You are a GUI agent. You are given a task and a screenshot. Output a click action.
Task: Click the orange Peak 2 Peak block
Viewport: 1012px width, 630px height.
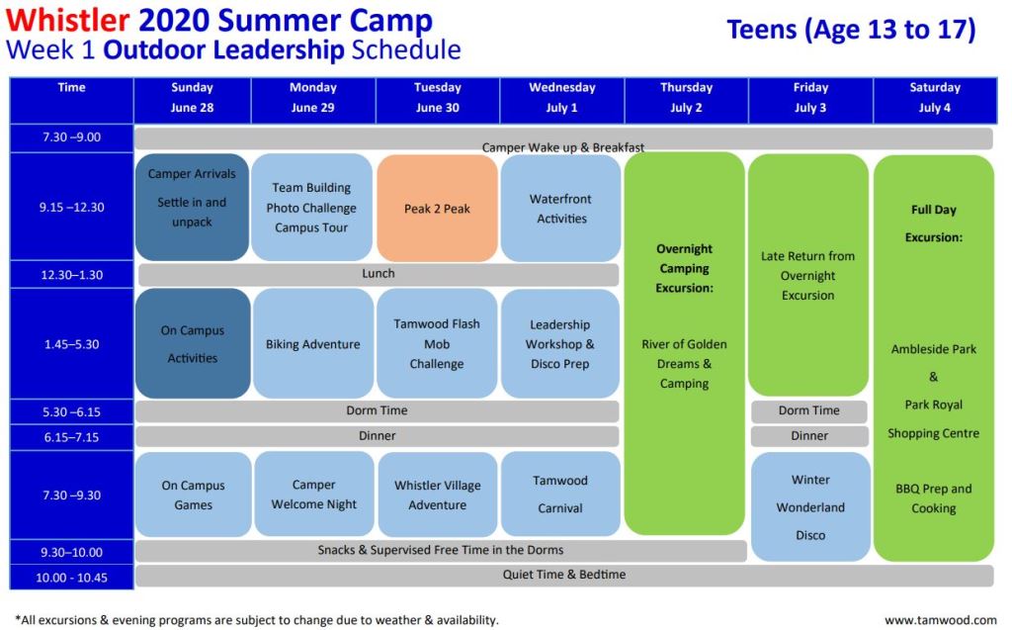[x=437, y=208]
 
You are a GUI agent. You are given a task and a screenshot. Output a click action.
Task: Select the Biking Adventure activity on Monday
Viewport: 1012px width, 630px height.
[x=313, y=343]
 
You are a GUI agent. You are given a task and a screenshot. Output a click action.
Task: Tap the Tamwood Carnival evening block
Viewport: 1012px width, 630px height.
[x=560, y=495]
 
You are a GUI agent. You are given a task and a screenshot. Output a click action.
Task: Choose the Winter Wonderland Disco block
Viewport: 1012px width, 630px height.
[x=810, y=506]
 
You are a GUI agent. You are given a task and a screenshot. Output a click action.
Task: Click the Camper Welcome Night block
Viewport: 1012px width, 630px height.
[x=313, y=495]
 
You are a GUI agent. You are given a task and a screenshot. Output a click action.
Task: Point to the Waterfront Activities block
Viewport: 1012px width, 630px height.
[x=561, y=208]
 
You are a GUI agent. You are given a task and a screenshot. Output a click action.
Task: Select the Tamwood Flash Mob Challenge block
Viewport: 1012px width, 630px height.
[x=437, y=343]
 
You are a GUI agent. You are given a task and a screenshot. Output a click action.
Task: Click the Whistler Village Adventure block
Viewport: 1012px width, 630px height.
[x=438, y=495]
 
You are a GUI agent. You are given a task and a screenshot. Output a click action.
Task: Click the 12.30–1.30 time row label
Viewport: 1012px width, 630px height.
[x=71, y=275]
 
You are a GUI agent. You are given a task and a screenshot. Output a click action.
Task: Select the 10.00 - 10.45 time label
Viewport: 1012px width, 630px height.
[x=71, y=577]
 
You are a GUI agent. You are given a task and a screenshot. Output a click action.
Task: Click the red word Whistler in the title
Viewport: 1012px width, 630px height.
[x=68, y=21]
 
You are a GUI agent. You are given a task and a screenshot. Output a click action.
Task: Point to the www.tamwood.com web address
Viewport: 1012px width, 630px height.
[x=941, y=620]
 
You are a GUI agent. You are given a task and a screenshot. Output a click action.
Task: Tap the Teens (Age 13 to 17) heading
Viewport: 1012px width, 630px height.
[x=851, y=30]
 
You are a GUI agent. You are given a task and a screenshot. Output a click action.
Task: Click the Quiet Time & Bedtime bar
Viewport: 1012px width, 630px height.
[x=564, y=575]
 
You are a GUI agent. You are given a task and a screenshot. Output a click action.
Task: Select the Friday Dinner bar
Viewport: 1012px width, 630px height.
[x=809, y=436]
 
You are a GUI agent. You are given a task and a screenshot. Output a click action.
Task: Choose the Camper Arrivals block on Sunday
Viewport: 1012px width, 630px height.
[x=192, y=207]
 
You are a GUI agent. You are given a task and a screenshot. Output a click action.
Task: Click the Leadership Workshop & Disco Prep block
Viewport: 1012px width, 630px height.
[x=560, y=343]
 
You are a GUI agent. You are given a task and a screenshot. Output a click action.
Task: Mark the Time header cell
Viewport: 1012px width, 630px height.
[x=71, y=100]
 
